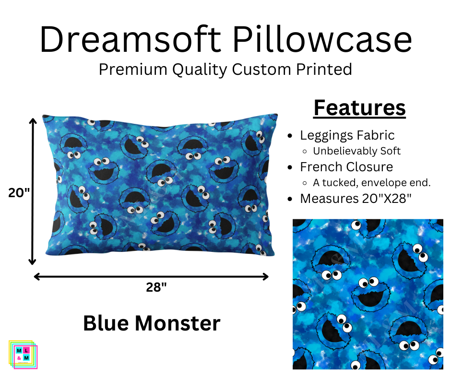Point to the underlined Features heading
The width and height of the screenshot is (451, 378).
pyautogui.click(x=359, y=108)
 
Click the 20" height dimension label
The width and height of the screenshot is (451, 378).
pyautogui.click(x=19, y=192)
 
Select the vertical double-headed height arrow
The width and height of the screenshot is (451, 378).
pyautogui.click(x=33, y=192)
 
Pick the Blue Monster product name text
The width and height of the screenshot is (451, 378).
pyautogui.click(x=152, y=323)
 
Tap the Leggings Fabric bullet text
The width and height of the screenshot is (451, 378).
pyautogui.click(x=347, y=135)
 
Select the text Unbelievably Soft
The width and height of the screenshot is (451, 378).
pyautogui.click(x=356, y=151)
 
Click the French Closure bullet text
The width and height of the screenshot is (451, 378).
pyautogui.click(x=346, y=166)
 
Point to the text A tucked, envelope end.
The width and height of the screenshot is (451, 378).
pyautogui.click(x=372, y=182)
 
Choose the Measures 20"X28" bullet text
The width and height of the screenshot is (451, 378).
pyautogui.click(x=356, y=198)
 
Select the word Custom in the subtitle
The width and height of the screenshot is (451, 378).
pyautogui.click(x=261, y=69)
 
